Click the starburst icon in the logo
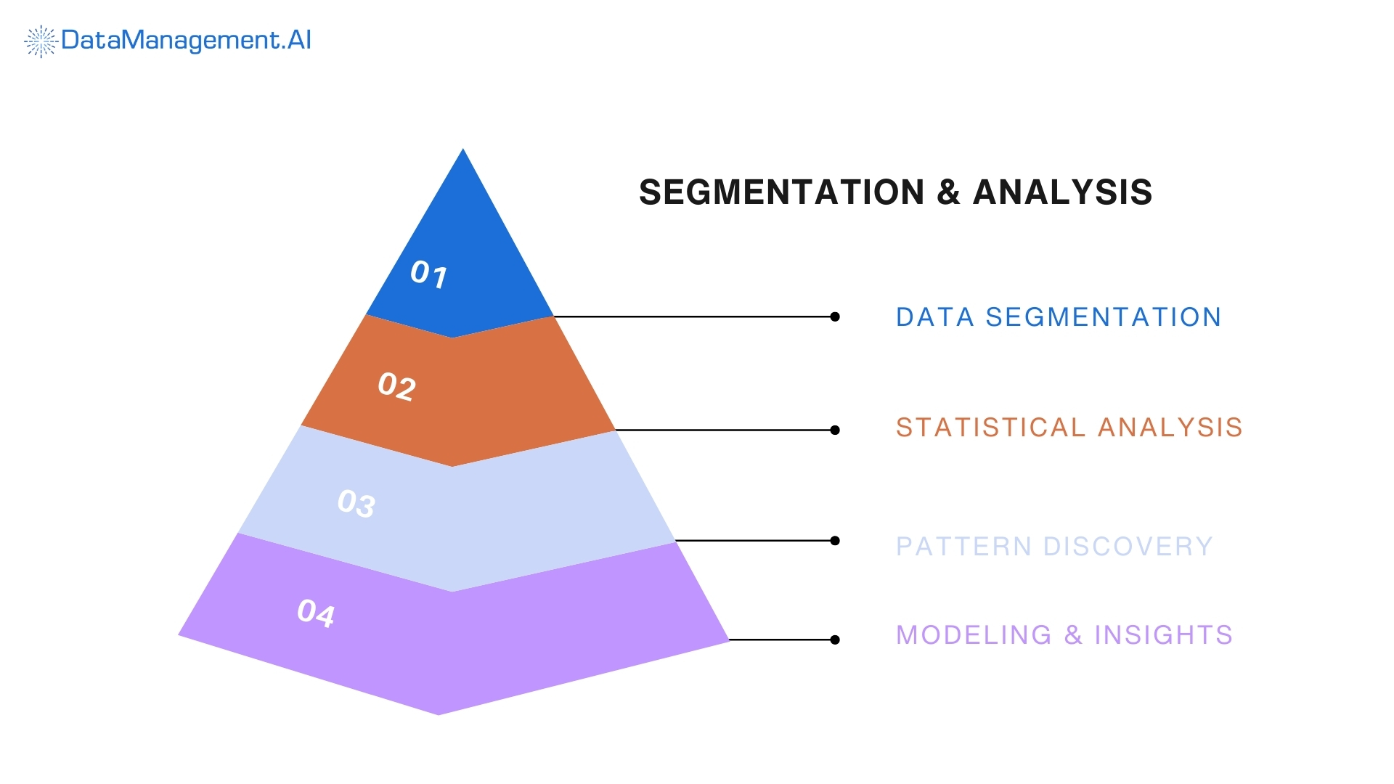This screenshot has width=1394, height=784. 41,41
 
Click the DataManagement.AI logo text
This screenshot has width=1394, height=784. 186,40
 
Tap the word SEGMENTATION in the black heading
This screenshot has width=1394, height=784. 781,192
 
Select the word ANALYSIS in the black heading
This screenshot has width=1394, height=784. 1062,192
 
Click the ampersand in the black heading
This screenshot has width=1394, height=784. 948,192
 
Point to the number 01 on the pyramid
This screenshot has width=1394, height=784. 429,274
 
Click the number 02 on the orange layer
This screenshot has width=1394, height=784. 397,386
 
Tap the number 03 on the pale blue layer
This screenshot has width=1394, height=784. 356,503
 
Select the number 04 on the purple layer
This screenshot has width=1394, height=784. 317,613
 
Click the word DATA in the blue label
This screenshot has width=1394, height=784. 934,317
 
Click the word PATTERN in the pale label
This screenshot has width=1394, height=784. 963,547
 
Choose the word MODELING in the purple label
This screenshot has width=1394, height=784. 974,635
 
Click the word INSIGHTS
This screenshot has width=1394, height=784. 1163,635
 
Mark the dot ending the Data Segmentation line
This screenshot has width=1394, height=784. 835,317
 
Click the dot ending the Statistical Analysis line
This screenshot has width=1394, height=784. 835,430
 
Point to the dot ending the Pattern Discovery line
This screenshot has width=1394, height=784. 835,541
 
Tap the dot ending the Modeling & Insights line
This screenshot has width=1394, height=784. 835,640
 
